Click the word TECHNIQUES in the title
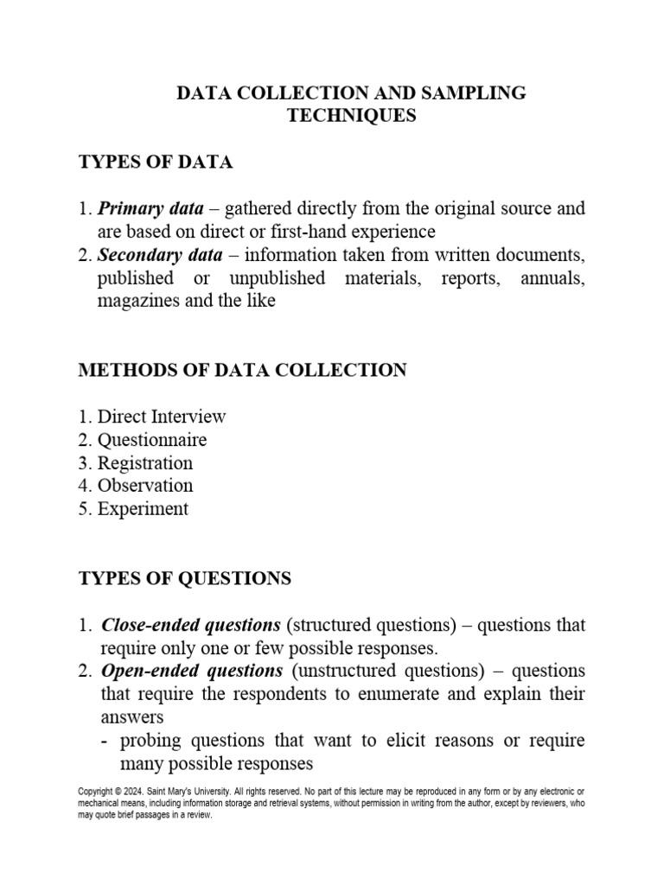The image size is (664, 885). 351,116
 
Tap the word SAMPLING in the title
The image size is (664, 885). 477,93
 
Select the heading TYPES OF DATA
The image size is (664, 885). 156,162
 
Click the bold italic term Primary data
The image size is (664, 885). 150,208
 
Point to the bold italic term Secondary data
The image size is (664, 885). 160,255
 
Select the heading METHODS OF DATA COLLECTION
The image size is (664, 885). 242,370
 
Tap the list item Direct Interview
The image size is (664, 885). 162,417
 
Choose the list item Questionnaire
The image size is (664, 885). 152,440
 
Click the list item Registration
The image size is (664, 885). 145,463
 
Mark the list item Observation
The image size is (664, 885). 145,486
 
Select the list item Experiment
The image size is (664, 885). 143,509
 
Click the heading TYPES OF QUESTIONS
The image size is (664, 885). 185,578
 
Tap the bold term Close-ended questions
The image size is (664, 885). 191,625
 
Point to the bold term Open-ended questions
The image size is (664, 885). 192,672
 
